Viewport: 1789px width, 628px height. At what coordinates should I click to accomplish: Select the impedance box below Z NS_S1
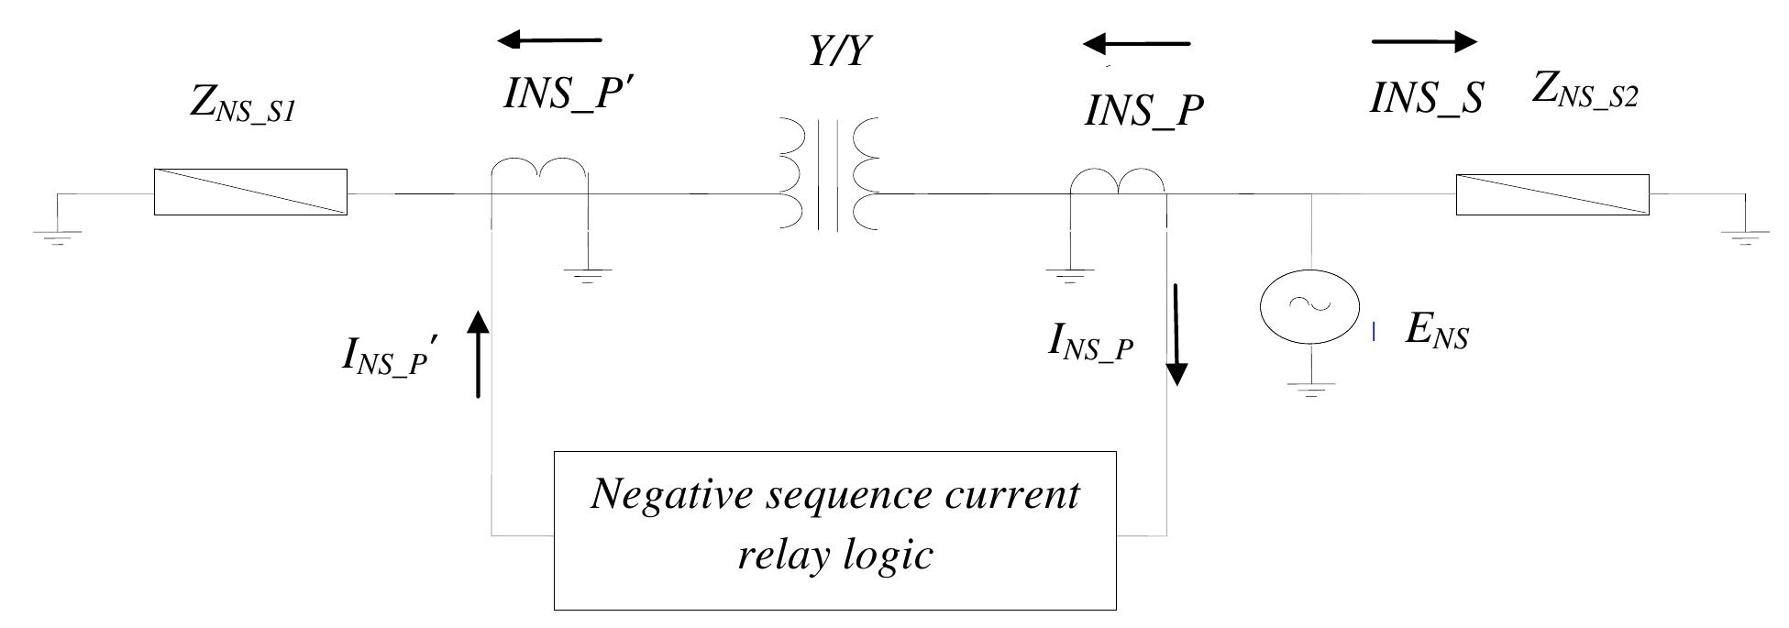(x=250, y=193)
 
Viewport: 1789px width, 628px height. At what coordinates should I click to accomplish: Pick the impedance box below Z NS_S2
(x=1552, y=195)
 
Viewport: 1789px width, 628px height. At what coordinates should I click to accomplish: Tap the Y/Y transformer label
(x=838, y=52)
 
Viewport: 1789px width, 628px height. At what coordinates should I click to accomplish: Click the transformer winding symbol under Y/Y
(x=829, y=174)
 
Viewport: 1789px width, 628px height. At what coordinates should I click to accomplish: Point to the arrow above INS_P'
(x=549, y=39)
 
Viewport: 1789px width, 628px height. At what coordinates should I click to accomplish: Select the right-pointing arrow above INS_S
(x=1424, y=41)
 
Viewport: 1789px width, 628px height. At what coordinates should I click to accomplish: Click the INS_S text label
(x=1426, y=98)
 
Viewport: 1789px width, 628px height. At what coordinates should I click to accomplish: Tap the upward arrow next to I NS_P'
(x=478, y=354)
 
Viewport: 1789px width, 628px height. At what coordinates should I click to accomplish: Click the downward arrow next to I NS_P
(x=1176, y=335)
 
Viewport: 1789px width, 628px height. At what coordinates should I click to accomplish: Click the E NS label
(x=1437, y=333)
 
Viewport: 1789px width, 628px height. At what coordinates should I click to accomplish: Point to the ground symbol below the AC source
(x=1311, y=391)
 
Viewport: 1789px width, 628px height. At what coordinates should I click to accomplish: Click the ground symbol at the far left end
(x=57, y=237)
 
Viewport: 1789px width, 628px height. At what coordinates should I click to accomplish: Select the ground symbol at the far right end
(x=1745, y=237)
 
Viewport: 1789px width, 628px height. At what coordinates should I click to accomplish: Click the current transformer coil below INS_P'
(x=538, y=171)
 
